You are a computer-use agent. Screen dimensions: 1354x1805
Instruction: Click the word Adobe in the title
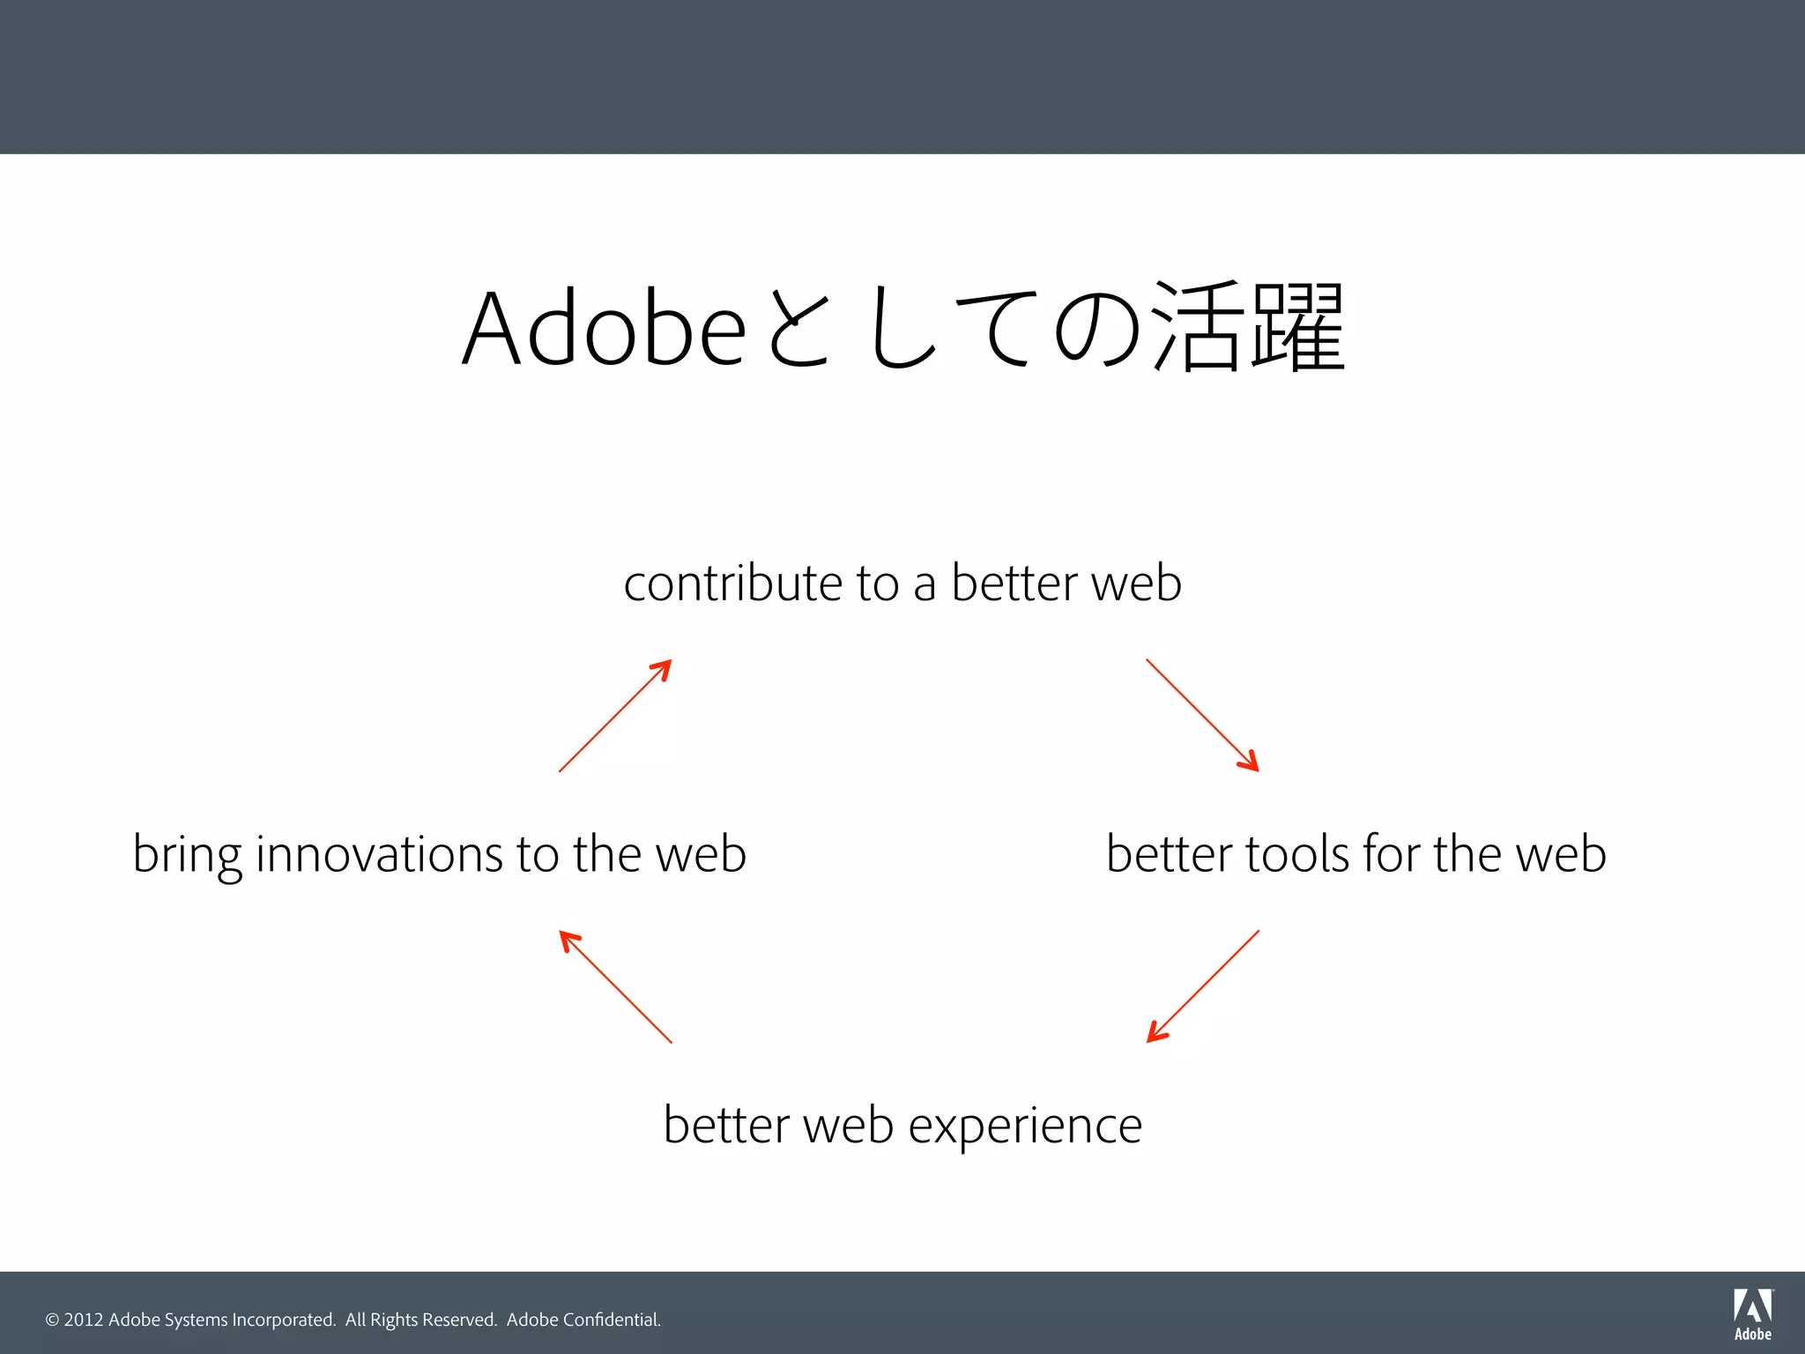click(x=605, y=328)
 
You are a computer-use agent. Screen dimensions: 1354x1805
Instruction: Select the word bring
click(x=187, y=855)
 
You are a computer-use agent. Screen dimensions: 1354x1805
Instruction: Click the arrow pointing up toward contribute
click(x=615, y=715)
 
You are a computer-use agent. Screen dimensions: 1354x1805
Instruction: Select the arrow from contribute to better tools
click(x=1202, y=715)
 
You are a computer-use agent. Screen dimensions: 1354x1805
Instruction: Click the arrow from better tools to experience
click(x=1202, y=986)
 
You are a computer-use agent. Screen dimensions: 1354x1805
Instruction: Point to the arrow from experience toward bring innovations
click(x=615, y=986)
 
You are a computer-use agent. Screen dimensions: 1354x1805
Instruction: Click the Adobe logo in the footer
click(x=1752, y=1314)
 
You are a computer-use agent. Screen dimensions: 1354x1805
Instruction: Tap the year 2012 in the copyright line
click(x=84, y=1320)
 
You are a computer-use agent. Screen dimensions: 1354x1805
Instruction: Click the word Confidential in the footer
click(x=611, y=1320)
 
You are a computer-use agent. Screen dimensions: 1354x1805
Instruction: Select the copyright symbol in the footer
click(x=52, y=1320)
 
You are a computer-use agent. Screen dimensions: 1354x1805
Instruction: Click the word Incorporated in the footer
click(x=283, y=1320)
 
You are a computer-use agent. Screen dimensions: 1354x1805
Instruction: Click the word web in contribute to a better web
click(x=1136, y=584)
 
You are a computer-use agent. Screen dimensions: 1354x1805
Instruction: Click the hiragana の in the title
click(x=1097, y=328)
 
